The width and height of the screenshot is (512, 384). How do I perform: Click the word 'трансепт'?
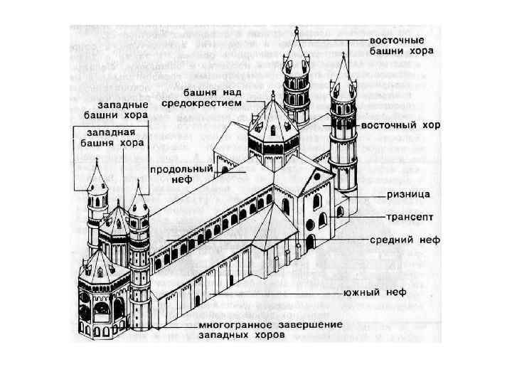tap(406, 215)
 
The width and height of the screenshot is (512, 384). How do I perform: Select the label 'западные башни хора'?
tap(112, 109)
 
